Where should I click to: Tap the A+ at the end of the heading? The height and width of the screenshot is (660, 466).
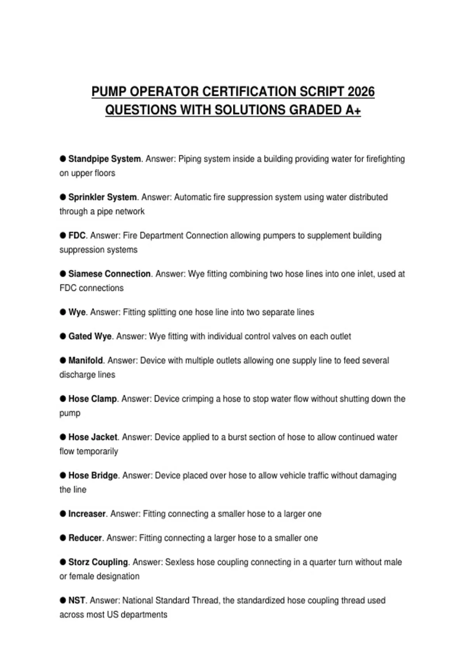(353, 110)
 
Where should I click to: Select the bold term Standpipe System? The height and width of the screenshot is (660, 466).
(104, 159)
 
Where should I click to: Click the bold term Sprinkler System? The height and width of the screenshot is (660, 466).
(103, 197)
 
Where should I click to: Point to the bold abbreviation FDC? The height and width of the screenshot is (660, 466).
(77, 236)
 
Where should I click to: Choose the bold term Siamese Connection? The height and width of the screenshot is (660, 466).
(110, 274)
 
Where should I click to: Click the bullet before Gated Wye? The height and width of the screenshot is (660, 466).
(63, 336)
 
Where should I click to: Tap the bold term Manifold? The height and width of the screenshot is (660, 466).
(86, 361)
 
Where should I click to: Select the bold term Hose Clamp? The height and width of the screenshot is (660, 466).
(93, 399)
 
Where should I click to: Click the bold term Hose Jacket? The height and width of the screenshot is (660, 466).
(93, 438)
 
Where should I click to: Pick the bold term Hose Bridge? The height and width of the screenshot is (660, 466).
(93, 476)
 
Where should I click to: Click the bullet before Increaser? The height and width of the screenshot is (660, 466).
(63, 514)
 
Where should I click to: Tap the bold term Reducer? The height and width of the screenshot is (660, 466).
(85, 538)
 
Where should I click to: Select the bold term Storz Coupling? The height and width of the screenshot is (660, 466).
(98, 562)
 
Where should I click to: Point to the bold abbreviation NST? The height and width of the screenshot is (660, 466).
(77, 601)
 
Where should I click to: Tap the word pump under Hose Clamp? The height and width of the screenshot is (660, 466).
(70, 413)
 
